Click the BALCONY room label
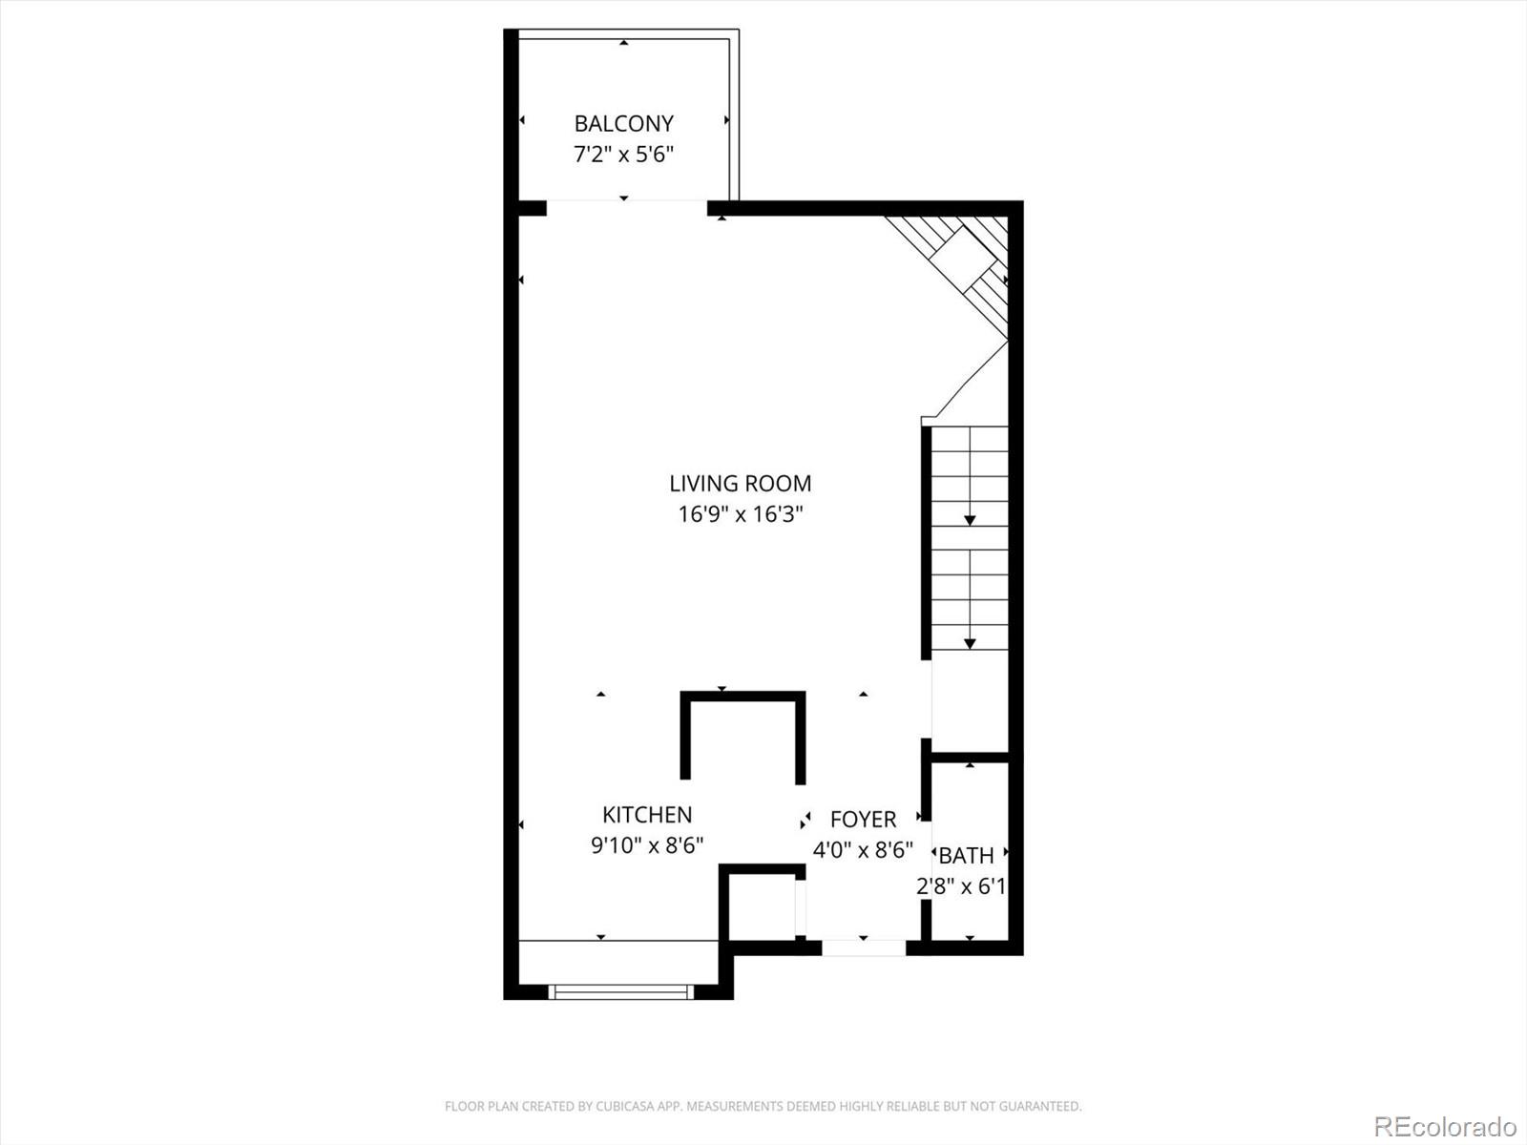623,123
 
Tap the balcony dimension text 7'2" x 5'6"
623,154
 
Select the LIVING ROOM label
740,484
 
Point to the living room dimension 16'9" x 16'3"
740,514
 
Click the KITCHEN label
647,815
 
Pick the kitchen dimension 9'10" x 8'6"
647,845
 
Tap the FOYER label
863,820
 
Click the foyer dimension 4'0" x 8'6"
863,849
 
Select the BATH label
967,856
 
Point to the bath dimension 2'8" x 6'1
961,886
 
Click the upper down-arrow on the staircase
970,519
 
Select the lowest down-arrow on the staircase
970,644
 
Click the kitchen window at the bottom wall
621,992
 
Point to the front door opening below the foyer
863,947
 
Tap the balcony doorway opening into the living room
626,208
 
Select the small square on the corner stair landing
964,255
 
